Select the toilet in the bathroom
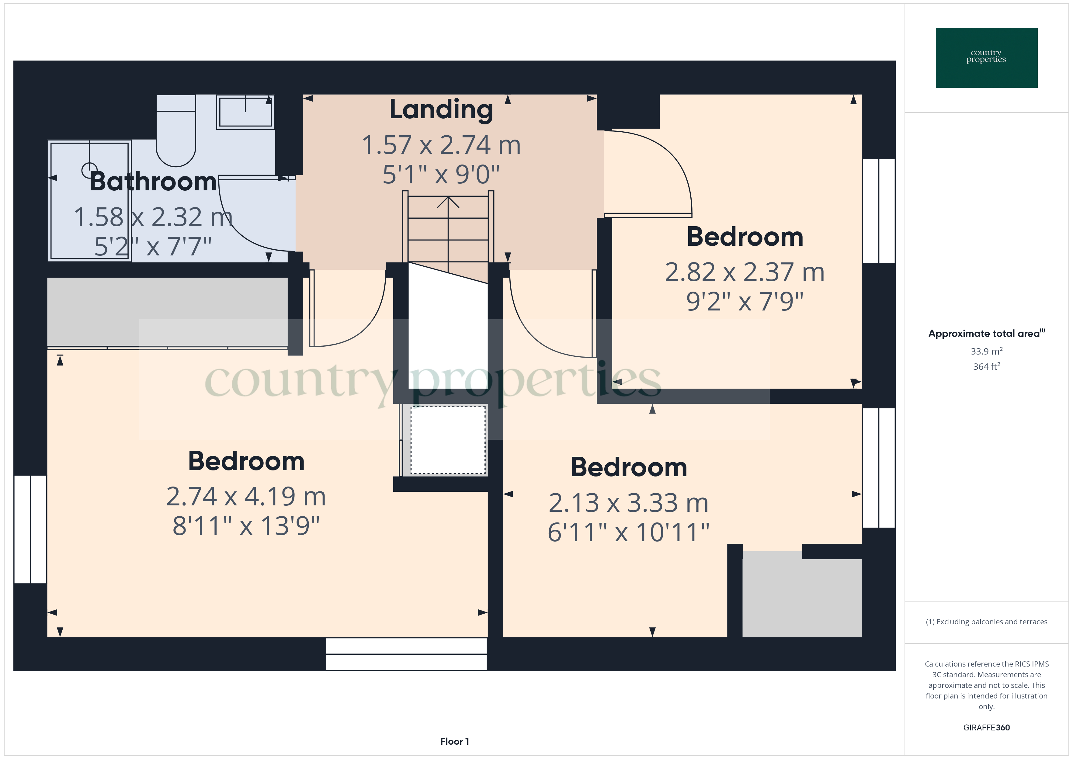(176, 131)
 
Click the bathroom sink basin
(245, 112)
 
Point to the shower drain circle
(89, 170)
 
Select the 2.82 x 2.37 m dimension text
(745, 272)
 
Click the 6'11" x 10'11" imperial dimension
(629, 532)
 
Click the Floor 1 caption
(454, 741)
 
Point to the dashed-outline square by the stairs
(448, 440)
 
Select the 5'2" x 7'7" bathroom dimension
(153, 246)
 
